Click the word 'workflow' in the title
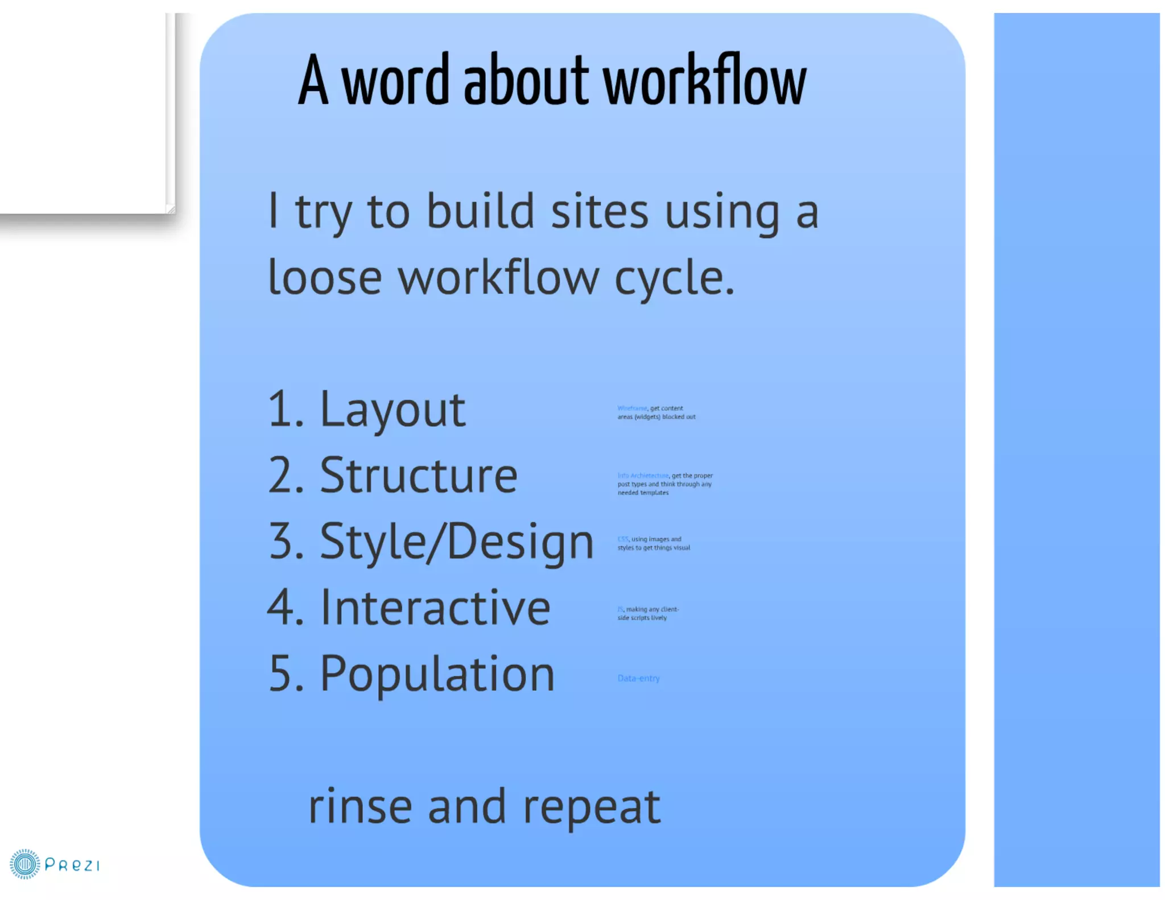click(704, 81)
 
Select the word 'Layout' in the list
click(393, 410)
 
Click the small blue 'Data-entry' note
click(638, 678)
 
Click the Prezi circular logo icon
click(24, 864)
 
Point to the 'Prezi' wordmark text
click(72, 865)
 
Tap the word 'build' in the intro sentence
click(481, 212)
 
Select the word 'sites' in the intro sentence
click(600, 212)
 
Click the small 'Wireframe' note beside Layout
click(632, 408)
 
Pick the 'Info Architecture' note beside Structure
click(643, 476)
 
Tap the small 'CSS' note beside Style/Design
click(623, 539)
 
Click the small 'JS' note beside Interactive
click(620, 609)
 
